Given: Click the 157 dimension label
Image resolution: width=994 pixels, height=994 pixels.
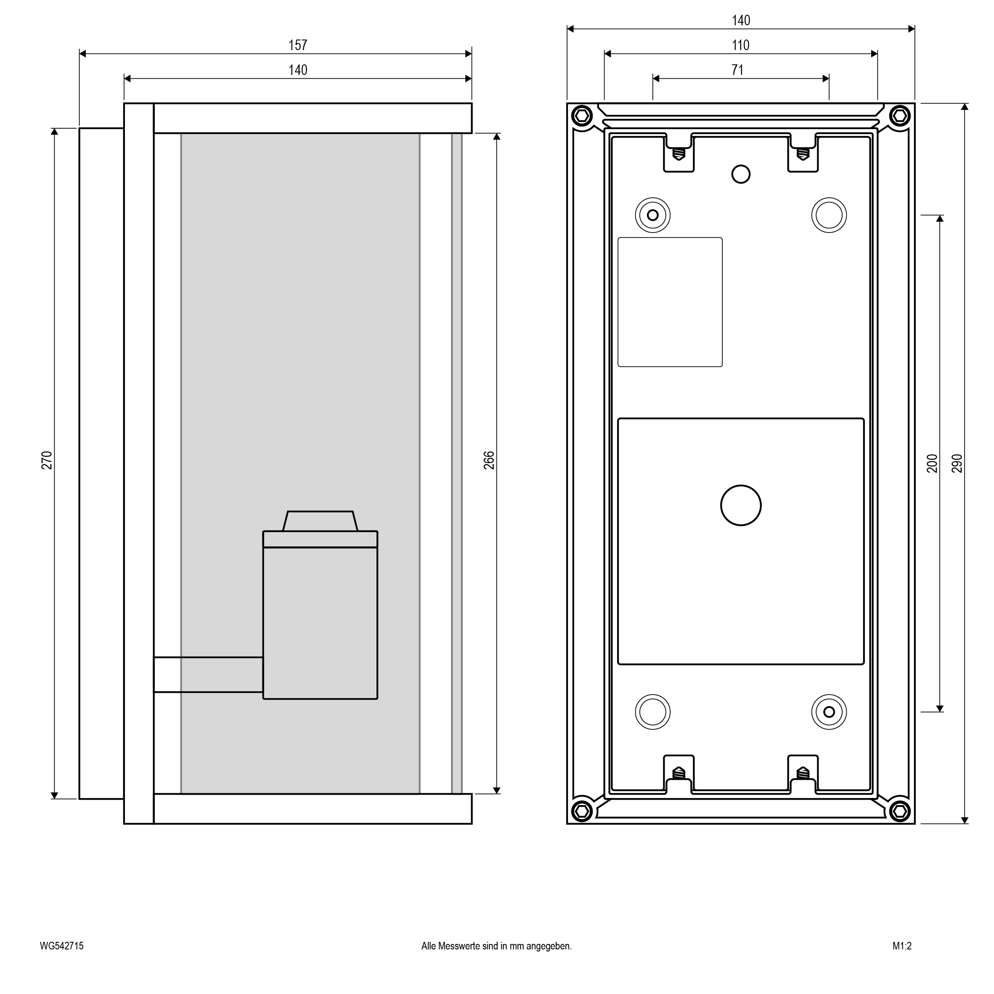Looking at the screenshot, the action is (x=297, y=45).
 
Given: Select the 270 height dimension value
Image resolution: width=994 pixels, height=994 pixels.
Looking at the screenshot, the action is (x=47, y=460).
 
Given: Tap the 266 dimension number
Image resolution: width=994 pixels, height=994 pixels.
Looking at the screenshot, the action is (x=489, y=460).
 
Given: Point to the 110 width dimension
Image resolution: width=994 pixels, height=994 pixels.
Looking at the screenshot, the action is (x=740, y=45).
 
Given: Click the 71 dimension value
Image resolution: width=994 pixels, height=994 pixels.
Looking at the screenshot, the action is (x=737, y=70).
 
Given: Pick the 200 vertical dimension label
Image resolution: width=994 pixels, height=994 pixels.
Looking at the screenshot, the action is (x=932, y=464).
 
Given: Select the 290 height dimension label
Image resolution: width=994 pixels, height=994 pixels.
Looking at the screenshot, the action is (x=957, y=464).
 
